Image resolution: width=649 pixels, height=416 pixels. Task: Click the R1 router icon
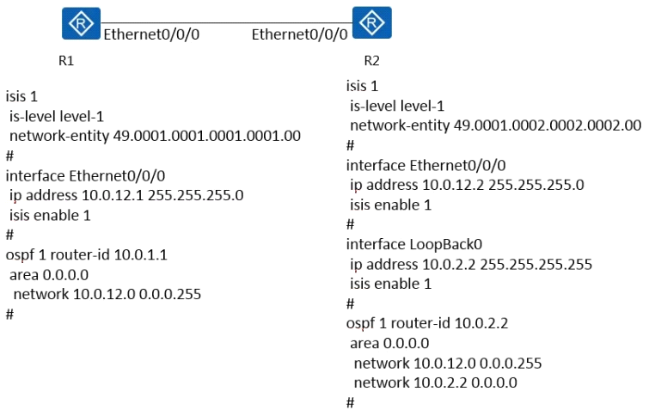pyautogui.click(x=81, y=23)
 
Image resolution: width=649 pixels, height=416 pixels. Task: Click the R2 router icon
pyautogui.click(x=371, y=22)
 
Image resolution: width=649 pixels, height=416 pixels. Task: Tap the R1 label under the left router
pyautogui.click(x=66, y=61)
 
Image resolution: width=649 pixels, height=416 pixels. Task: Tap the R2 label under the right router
pyautogui.click(x=371, y=61)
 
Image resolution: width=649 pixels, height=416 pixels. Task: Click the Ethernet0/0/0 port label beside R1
pyautogui.click(x=151, y=34)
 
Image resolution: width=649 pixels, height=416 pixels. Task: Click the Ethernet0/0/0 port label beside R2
pyautogui.click(x=300, y=34)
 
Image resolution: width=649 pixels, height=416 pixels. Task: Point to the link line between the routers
pyautogui.click(x=226, y=22)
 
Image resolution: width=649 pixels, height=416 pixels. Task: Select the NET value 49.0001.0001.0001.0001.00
pyautogui.click(x=207, y=136)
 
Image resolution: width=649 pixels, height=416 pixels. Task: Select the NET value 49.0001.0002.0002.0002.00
pyautogui.click(x=548, y=125)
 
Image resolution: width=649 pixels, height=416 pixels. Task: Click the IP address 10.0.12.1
pyautogui.click(x=112, y=195)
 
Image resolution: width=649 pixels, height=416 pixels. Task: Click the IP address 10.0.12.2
pyautogui.click(x=453, y=185)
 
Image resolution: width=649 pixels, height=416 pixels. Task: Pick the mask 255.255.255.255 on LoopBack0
pyautogui.click(x=536, y=264)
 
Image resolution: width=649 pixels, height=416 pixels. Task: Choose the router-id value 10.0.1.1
pyautogui.click(x=140, y=254)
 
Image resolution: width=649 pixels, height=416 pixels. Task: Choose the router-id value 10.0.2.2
pyautogui.click(x=481, y=323)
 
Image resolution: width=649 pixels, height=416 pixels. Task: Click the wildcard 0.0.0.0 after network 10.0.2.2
pyautogui.click(x=494, y=382)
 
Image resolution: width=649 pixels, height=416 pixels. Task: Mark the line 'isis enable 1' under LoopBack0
pyautogui.click(x=391, y=284)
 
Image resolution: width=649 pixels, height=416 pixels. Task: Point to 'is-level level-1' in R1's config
pyautogui.click(x=56, y=116)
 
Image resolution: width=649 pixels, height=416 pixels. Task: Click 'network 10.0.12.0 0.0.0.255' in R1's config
pyautogui.click(x=107, y=294)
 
